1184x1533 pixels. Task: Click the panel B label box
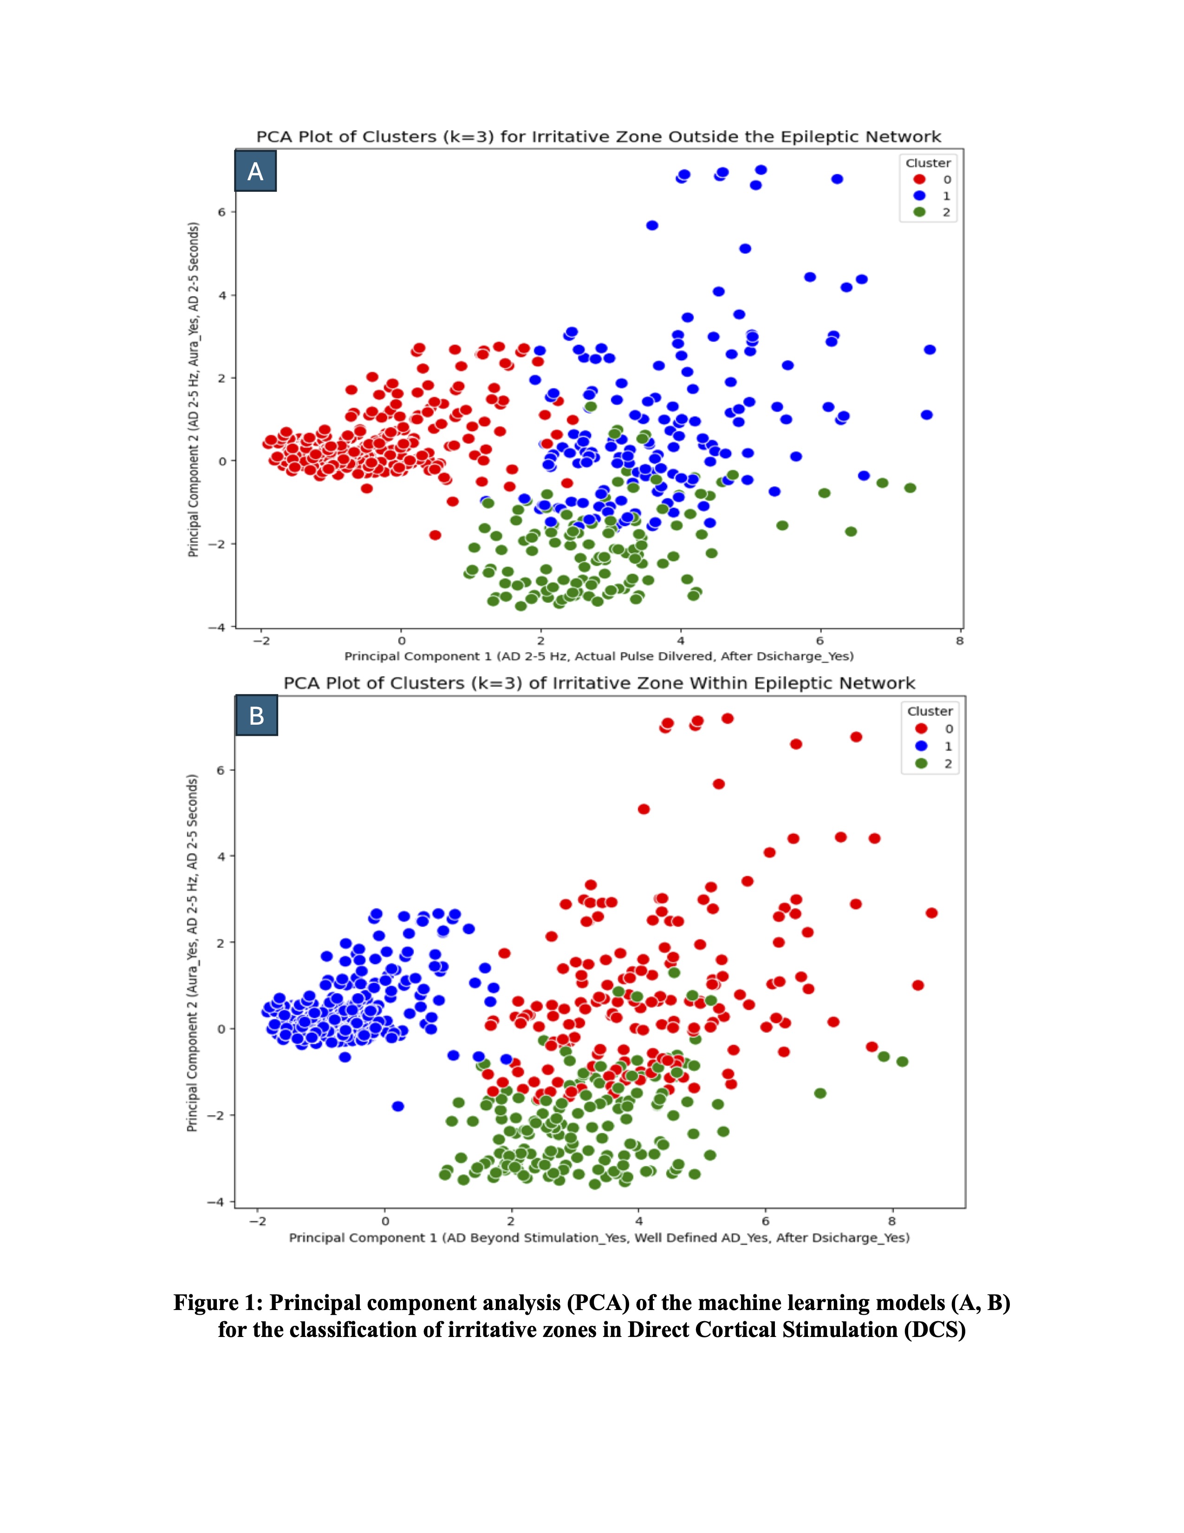[257, 715]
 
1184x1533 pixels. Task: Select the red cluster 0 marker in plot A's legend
[919, 179]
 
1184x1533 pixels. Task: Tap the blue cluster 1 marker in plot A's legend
[919, 196]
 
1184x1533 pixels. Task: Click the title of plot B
[599, 683]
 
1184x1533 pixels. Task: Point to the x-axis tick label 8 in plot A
[960, 640]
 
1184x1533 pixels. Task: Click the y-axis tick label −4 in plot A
[217, 627]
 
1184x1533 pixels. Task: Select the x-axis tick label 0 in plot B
[384, 1221]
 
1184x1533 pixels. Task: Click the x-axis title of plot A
[599, 656]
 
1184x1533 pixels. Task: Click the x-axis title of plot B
[599, 1238]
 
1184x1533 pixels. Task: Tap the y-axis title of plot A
[193, 390]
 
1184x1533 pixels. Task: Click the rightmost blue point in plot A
[930, 349]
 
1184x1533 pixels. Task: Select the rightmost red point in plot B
[931, 912]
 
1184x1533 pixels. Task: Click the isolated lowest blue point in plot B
[398, 1106]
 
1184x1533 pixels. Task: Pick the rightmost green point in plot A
[910, 488]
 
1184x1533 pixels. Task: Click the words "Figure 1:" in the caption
[218, 1303]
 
